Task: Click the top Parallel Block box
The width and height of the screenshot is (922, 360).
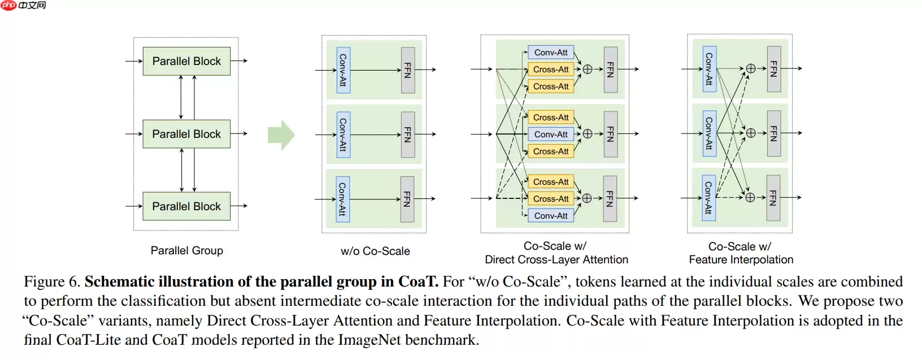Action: coord(186,61)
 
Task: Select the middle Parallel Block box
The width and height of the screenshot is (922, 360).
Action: coord(186,134)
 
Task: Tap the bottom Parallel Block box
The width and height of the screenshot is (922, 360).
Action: coord(186,206)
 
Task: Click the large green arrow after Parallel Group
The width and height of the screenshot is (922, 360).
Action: coord(281,135)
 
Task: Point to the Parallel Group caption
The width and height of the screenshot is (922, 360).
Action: coord(186,250)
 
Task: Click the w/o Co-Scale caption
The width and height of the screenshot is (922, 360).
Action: coord(375,251)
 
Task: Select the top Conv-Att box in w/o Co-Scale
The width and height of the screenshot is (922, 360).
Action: coord(343,70)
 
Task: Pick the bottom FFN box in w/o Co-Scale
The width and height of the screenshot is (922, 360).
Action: coord(407,198)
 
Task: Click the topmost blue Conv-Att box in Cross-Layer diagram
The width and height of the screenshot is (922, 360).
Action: coord(551,53)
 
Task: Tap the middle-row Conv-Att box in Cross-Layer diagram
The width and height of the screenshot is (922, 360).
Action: coord(551,135)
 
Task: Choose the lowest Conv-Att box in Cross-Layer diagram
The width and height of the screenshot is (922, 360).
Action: coord(551,216)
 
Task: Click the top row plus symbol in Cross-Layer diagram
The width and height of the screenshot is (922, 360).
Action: coord(588,70)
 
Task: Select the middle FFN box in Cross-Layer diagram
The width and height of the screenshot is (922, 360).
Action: coord(610,134)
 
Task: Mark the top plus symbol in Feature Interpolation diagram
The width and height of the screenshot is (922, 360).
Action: coord(751,68)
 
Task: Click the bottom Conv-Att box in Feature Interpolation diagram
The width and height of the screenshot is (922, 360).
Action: coord(709,198)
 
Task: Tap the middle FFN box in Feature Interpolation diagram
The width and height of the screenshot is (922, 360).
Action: coord(773,133)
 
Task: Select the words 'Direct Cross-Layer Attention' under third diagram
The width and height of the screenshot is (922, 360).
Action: coord(556,260)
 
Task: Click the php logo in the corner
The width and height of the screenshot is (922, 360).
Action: coord(8,5)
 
